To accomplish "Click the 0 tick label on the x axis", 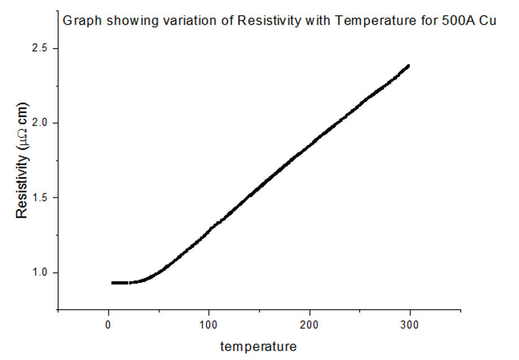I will (x=109, y=324).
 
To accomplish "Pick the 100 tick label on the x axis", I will (x=209, y=324).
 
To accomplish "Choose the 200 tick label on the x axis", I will (x=310, y=324).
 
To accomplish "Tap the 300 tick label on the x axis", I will (x=410, y=324).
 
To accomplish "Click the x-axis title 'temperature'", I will (x=258, y=346).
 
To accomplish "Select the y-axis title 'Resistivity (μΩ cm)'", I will (x=21, y=161).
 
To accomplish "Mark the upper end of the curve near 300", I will (x=408, y=66).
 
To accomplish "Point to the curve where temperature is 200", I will (x=310, y=145).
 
